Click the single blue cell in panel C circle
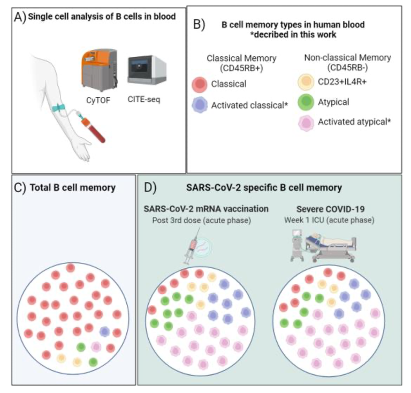(x=104, y=332)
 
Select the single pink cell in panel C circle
(x=96, y=347)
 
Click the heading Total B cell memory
(x=72, y=188)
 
